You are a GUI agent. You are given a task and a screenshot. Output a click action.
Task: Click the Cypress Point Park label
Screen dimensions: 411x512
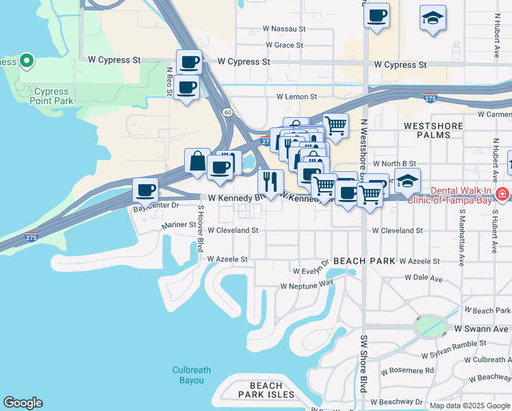(51, 96)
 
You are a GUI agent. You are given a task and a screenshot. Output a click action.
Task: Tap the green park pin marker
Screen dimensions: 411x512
(27, 62)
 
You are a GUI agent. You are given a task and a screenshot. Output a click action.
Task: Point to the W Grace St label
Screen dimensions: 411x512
(284, 45)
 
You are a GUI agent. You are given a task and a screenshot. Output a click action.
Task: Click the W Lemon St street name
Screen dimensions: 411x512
(297, 97)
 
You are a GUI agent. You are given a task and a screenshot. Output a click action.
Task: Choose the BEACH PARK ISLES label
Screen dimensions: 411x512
(266, 390)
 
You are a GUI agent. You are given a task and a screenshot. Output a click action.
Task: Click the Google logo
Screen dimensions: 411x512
(23, 403)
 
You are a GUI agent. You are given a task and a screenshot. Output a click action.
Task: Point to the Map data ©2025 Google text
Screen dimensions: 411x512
(469, 406)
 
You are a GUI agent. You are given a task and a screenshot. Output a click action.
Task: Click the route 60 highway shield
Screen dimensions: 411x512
(226, 112)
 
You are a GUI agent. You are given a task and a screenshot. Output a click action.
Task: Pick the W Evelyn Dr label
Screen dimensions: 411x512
(311, 271)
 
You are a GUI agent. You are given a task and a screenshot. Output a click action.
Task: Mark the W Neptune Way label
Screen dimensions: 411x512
(307, 284)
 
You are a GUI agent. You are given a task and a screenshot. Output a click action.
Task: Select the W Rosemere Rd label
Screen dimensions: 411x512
(410, 371)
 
